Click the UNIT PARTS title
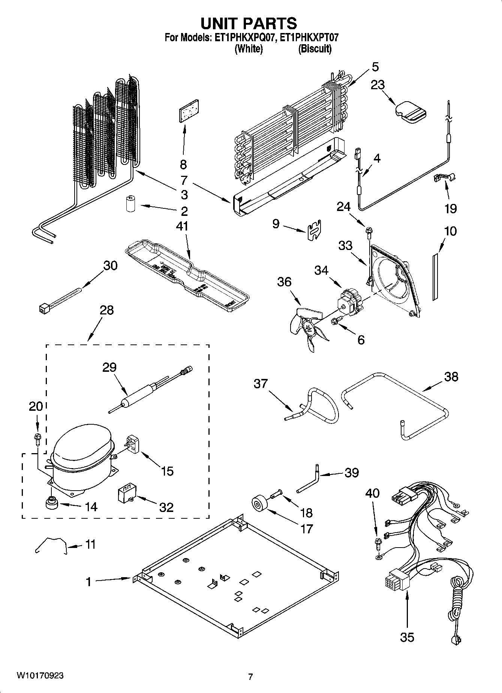click(x=249, y=23)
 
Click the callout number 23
click(x=378, y=85)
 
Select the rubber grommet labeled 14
click(x=51, y=503)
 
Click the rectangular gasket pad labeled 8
click(x=189, y=111)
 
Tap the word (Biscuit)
click(x=315, y=49)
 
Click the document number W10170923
click(x=40, y=676)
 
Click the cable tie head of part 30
click(x=44, y=308)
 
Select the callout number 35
click(x=406, y=637)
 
